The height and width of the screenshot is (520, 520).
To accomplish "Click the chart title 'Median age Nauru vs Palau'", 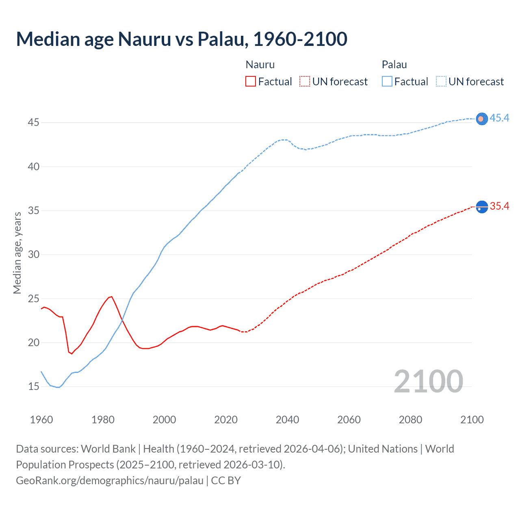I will pyautogui.click(x=182, y=39).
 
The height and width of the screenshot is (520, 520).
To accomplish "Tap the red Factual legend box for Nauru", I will pyautogui.click(x=251, y=82).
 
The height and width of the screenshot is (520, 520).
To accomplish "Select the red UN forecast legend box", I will pyautogui.click(x=305, y=82).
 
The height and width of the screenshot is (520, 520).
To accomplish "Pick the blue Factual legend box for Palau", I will pyautogui.click(x=387, y=82).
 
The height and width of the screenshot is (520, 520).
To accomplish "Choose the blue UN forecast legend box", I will pyautogui.click(x=441, y=82).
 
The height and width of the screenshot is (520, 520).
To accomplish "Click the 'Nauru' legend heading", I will pyautogui.click(x=260, y=65).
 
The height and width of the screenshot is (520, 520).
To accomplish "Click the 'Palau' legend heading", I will pyautogui.click(x=394, y=65).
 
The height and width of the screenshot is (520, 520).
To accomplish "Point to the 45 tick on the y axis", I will pyautogui.click(x=33, y=122).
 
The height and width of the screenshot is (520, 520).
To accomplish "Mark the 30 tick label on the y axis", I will pyautogui.click(x=33, y=255).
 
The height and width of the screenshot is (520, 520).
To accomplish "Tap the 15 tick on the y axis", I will pyautogui.click(x=33, y=387).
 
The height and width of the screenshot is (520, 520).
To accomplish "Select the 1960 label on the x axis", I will pyautogui.click(x=41, y=420).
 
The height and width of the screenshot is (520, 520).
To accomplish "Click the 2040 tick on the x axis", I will pyautogui.click(x=287, y=420).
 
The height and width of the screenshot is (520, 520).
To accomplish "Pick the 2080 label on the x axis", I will pyautogui.click(x=410, y=420).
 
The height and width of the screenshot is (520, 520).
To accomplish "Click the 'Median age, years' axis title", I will pyautogui.click(x=17, y=253).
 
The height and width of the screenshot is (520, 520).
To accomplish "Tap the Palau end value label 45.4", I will pyautogui.click(x=499, y=118).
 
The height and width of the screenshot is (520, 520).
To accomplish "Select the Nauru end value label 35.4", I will pyautogui.click(x=499, y=206).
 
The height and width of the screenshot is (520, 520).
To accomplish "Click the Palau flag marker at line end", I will pyautogui.click(x=481, y=119).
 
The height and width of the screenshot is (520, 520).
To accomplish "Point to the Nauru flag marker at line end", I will pyautogui.click(x=481, y=207).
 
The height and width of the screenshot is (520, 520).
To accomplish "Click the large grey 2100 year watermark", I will pyautogui.click(x=428, y=381).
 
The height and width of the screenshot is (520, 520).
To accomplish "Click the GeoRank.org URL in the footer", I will pyautogui.click(x=110, y=481).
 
